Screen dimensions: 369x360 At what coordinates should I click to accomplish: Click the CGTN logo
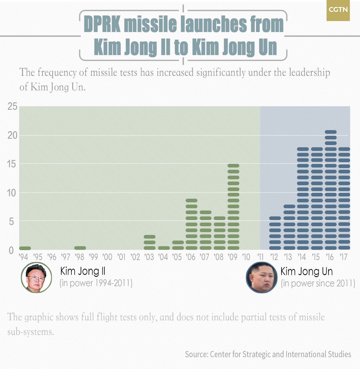point(338,10)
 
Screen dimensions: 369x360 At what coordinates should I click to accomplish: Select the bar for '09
point(233,207)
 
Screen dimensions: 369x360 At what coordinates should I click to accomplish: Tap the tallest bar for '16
point(331,190)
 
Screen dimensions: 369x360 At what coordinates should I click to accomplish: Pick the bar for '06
point(192,224)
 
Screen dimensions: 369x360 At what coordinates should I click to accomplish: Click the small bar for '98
point(80,248)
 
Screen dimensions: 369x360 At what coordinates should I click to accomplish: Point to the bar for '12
point(275,233)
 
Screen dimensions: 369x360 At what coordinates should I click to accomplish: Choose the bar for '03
point(150,242)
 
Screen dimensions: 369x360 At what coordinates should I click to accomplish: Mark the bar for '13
point(289,227)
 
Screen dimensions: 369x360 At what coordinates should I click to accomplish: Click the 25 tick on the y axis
point(12,107)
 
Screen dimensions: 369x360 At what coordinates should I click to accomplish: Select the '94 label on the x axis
point(23,257)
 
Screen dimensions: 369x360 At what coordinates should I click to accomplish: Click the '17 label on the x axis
point(343,257)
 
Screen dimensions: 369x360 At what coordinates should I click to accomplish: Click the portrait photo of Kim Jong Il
point(36,277)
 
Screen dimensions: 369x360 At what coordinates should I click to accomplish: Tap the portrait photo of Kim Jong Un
point(262,278)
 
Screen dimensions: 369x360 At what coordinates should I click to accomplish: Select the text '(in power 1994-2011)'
point(96,283)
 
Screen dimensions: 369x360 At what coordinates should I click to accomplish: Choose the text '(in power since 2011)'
point(318,283)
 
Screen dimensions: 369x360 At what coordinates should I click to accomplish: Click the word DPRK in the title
point(102,24)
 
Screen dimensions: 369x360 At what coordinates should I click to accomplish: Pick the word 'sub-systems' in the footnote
point(30,332)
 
